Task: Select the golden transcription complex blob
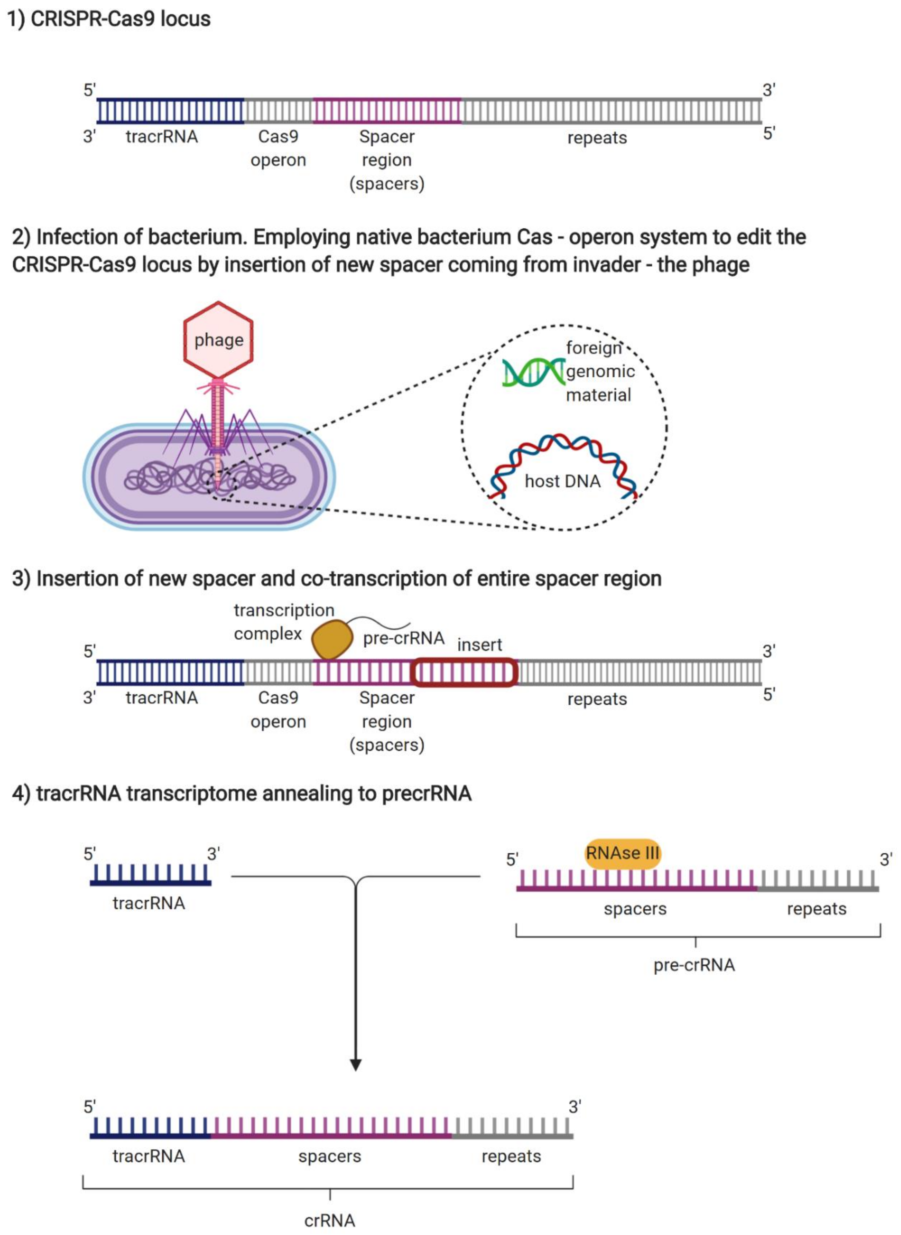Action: (332, 639)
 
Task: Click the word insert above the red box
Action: (479, 645)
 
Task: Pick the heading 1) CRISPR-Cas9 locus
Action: (109, 19)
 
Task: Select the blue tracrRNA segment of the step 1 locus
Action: (170, 111)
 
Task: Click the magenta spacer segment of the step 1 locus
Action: (387, 111)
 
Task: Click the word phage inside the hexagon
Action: (219, 340)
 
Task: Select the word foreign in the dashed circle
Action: (593, 347)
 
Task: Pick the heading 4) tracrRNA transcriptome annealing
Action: (242, 793)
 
